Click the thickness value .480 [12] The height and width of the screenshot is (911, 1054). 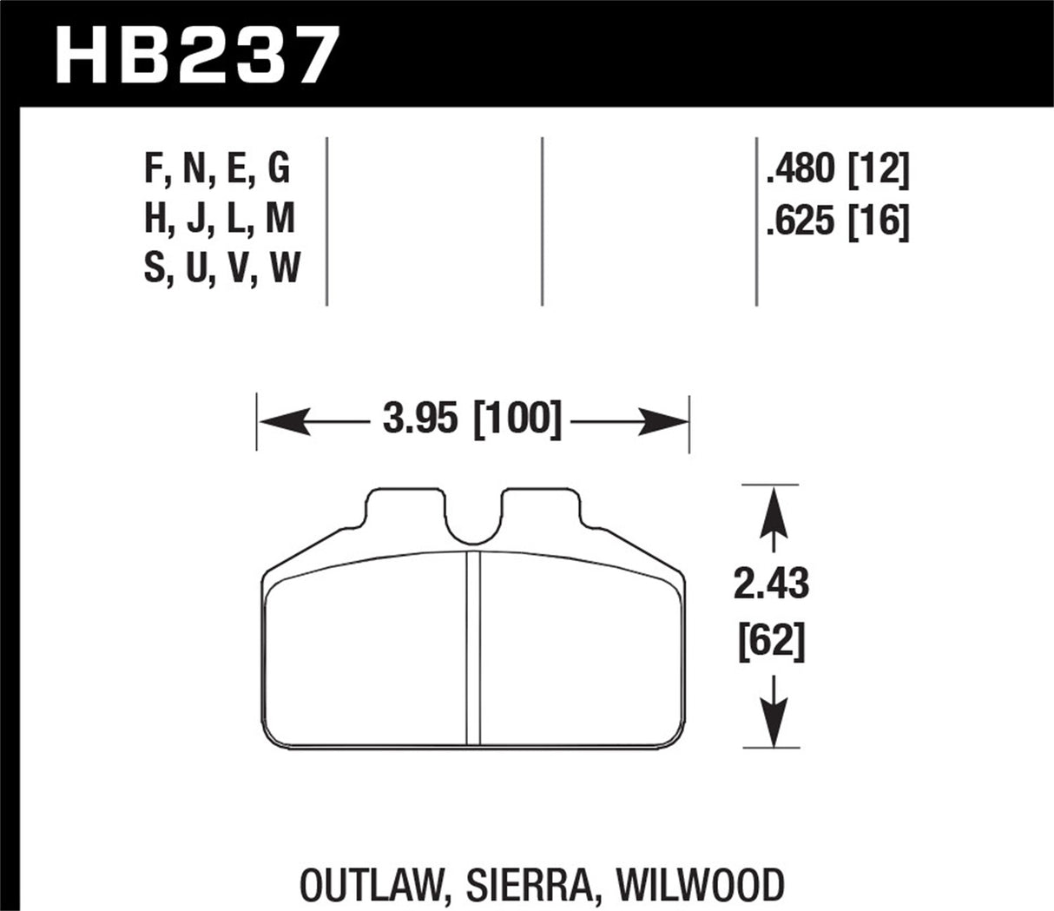click(837, 170)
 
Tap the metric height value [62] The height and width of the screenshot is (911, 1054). click(771, 643)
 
